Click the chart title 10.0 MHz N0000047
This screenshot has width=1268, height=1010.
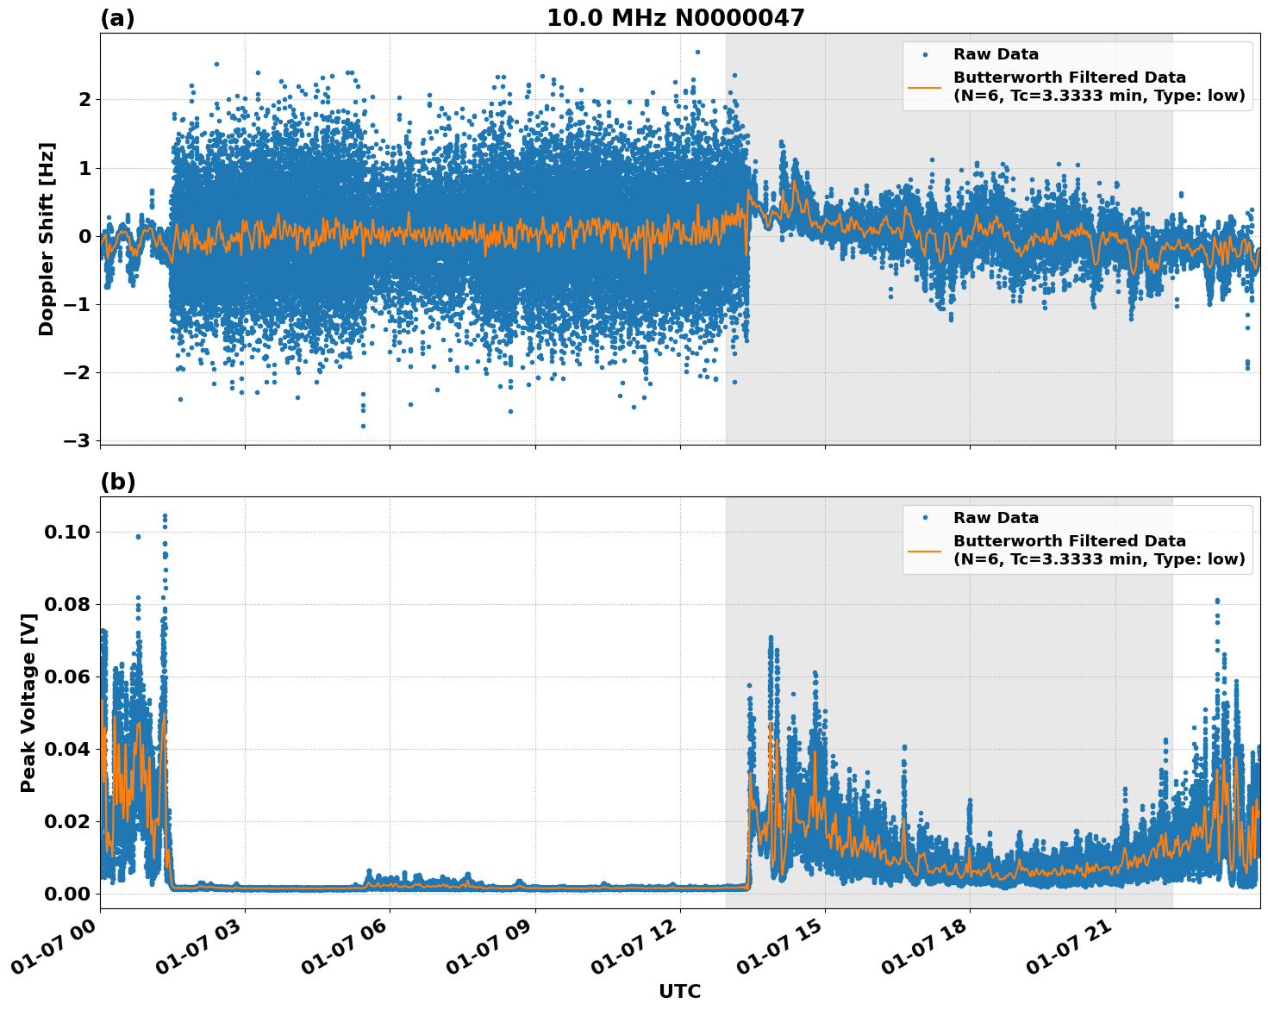point(675,18)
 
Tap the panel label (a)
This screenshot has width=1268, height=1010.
point(117,18)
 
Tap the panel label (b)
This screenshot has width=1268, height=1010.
point(117,482)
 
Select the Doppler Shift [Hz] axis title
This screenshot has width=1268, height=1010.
point(47,239)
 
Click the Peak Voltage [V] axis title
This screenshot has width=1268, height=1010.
point(28,702)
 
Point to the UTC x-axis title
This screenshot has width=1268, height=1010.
point(679,991)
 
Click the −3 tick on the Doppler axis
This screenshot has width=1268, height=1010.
point(77,440)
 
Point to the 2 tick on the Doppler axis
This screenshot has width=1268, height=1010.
point(84,99)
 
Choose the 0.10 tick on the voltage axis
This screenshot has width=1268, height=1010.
point(67,532)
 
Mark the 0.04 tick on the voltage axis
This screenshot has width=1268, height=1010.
point(67,749)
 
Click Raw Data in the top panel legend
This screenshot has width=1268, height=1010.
point(996,54)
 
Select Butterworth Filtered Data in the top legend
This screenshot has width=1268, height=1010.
point(1069,78)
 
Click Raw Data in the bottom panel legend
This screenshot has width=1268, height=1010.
point(996,518)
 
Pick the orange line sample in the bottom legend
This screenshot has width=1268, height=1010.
point(925,550)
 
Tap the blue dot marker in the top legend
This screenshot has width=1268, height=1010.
point(925,54)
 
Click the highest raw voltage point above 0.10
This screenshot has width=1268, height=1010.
point(165,516)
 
